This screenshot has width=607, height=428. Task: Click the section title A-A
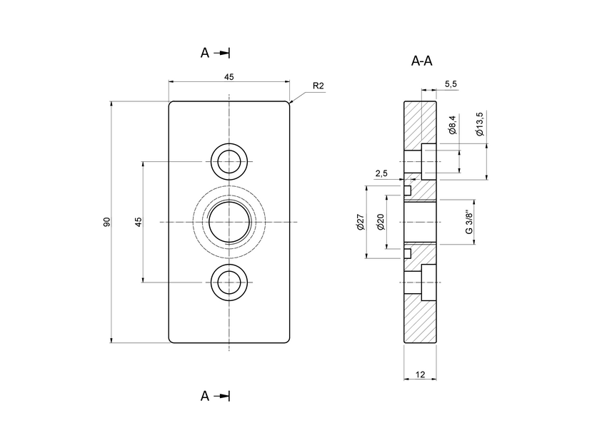[422, 61]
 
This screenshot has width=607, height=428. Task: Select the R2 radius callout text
[318, 86]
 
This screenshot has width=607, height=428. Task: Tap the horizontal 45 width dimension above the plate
[229, 76]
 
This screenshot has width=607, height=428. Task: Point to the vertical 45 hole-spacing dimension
[138, 222]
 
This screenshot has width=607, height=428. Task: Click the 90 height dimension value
[106, 222]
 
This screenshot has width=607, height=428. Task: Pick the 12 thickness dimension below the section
[420, 374]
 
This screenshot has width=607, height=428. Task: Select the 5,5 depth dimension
[451, 84]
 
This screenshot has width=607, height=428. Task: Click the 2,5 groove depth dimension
[381, 173]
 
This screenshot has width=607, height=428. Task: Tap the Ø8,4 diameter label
[452, 125]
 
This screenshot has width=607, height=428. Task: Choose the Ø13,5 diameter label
[480, 124]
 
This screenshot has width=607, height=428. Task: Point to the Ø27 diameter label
[361, 223]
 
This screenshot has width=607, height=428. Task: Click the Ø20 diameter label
[381, 223]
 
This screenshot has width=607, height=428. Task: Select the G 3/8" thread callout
[468, 223]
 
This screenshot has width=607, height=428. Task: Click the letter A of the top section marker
[205, 53]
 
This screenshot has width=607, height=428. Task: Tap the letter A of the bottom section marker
[205, 396]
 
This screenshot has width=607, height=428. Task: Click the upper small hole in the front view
[229, 162]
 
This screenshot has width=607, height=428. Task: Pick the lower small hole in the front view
[229, 282]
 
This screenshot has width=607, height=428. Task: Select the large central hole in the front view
[229, 223]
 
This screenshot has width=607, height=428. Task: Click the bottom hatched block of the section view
[420, 321]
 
